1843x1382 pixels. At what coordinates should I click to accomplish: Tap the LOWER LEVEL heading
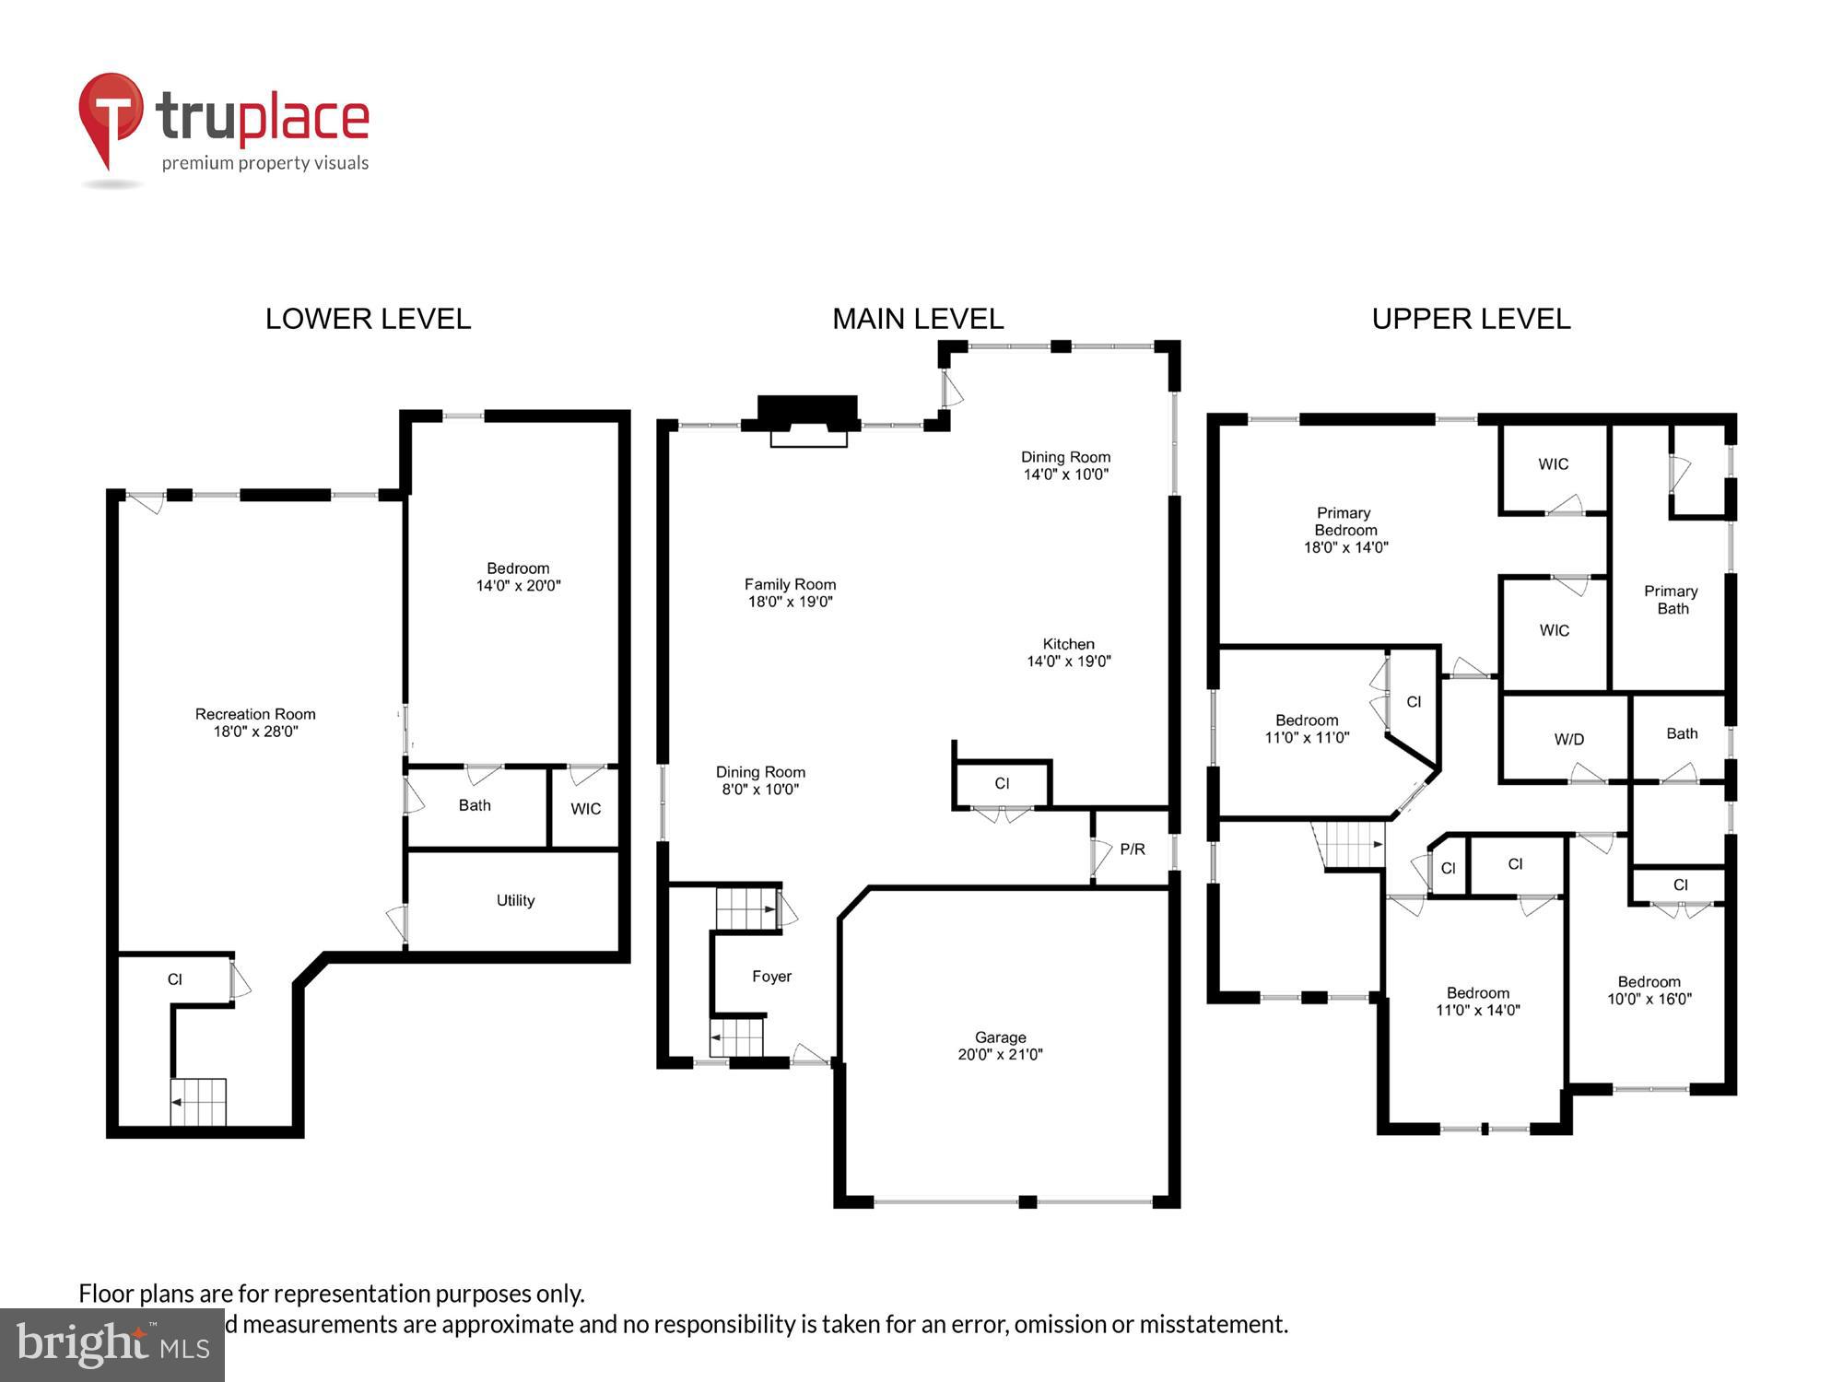click(x=368, y=319)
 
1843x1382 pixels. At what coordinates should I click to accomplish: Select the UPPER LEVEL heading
click(x=1471, y=319)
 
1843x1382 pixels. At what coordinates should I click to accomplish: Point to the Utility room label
click(x=515, y=900)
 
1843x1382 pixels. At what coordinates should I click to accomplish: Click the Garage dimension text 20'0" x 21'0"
click(x=1000, y=1054)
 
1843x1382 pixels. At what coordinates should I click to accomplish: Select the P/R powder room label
click(x=1133, y=849)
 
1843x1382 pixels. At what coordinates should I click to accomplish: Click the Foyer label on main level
click(x=771, y=977)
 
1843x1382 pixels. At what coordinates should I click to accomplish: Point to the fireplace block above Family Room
click(x=807, y=413)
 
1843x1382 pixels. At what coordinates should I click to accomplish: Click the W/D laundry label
click(x=1568, y=739)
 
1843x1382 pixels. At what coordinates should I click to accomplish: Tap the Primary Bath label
click(x=1671, y=600)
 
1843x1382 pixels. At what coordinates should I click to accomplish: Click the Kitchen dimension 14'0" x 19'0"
click(x=1069, y=661)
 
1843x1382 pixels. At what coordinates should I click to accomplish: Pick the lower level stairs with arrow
click(x=198, y=1102)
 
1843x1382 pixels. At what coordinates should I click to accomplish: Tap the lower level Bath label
click(x=475, y=805)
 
